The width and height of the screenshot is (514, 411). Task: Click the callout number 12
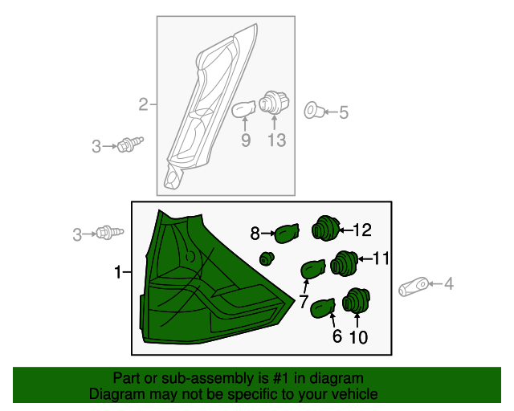pos(362,230)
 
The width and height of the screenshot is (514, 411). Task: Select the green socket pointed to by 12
pos(324,229)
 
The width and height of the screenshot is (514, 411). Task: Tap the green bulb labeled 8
pos(287,234)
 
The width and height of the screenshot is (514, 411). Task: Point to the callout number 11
pos(381,258)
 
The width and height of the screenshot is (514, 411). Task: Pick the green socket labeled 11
pos(344,263)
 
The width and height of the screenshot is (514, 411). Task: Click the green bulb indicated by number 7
pos(313,270)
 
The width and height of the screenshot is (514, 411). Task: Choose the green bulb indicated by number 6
pos(323,308)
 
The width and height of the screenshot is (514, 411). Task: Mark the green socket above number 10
pos(357,300)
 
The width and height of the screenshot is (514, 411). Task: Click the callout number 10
pos(359,337)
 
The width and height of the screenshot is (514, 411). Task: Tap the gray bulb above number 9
pos(244,109)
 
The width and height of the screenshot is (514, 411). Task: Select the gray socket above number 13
pos(274,103)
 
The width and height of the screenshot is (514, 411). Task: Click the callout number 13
pos(277,140)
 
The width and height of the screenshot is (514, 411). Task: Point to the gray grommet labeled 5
pos(314,111)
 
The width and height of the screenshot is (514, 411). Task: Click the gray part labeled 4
pos(414,287)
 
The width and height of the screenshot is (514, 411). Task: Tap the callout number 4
pos(449,283)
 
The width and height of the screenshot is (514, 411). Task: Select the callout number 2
pos(143,104)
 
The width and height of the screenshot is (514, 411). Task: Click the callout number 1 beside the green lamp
pos(118,272)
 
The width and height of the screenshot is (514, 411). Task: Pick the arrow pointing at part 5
pos(331,112)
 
